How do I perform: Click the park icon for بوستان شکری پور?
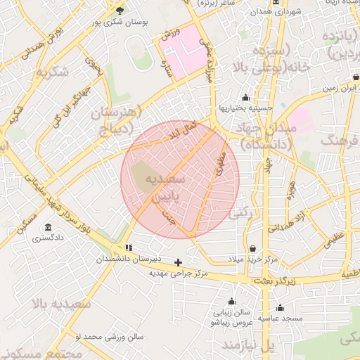tap(119, 11)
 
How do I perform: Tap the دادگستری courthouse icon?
tap(48, 227)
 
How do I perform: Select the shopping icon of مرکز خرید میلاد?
tap(252, 248)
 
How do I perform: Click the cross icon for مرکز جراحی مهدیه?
tap(178, 262)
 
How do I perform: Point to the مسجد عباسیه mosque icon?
tap(280, 307)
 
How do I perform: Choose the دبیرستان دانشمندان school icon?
tap(128, 247)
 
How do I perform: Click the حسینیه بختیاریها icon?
tap(245, 98)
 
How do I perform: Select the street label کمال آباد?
tap(181, 130)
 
